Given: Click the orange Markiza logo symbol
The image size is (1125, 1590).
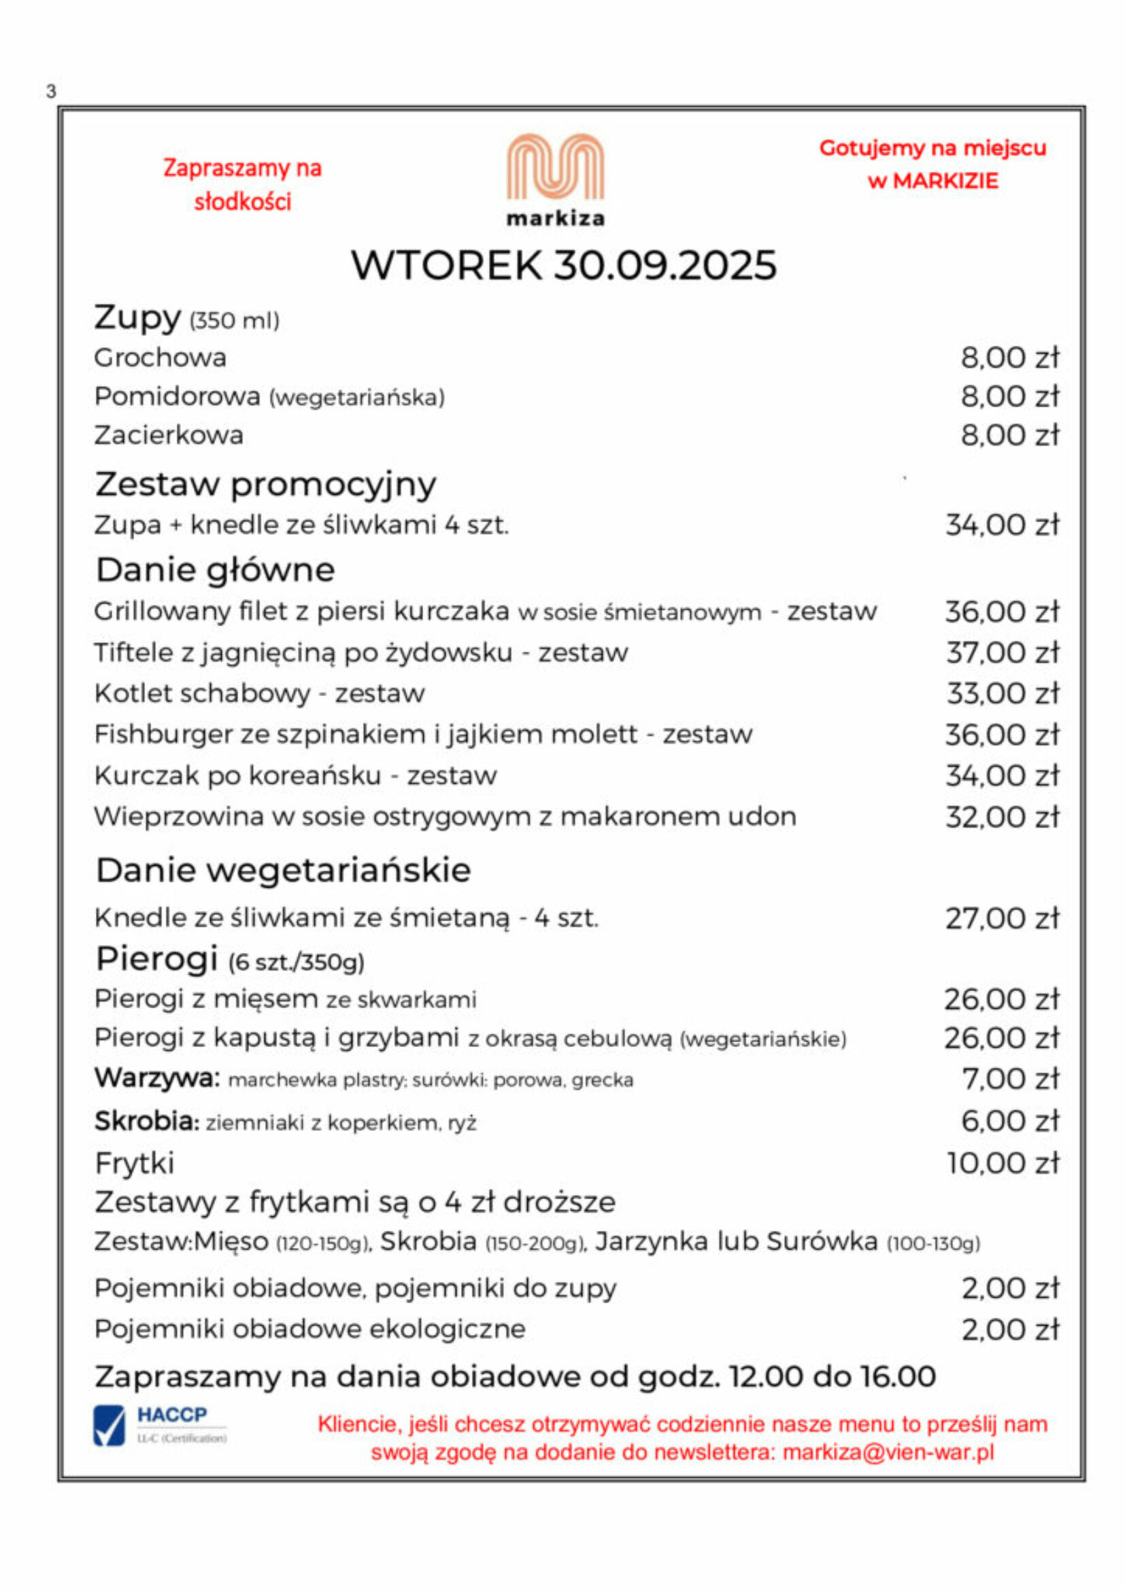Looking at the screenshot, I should coord(555,168).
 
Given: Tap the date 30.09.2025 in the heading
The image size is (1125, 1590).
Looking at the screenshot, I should coord(665,265).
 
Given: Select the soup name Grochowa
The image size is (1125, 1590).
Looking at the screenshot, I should coord(160,358).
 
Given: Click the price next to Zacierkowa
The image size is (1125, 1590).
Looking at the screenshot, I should coord(1009,436).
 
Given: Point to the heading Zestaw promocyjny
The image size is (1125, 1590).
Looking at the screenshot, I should coord(265,484).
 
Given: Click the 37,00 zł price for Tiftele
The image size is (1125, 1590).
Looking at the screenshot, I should coord(1002,653).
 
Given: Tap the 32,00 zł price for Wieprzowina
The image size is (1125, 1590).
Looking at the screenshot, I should coord(1002,817).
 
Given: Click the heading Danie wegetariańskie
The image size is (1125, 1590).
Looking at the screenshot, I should coord(283,871).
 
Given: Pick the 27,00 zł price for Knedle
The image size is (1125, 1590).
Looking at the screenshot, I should coord(1002,918).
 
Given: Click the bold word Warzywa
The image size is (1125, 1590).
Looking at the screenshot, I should coord(156,1077).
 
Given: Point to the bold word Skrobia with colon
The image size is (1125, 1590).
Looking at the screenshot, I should coord(147,1120).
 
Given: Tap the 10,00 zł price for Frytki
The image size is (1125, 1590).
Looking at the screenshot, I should coord(1003,1163).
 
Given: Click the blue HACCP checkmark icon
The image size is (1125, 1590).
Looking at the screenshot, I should coord(110,1426).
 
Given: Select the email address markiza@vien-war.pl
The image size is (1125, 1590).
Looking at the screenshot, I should coord(888,1452).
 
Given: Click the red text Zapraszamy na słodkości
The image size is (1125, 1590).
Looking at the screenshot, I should coord(242,184).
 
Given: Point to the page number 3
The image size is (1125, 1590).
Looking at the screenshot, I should coord(50,90).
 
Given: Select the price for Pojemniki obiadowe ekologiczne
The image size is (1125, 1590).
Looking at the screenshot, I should coord(1009,1330).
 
